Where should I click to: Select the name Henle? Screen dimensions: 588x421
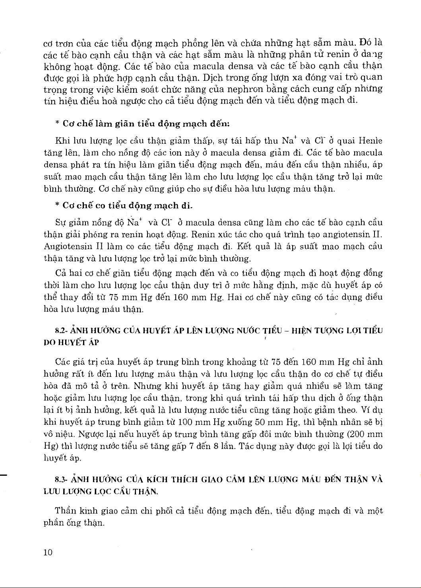371,141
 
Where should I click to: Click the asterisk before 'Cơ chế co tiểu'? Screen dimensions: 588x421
57,206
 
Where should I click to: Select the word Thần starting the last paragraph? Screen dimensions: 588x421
65,511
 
